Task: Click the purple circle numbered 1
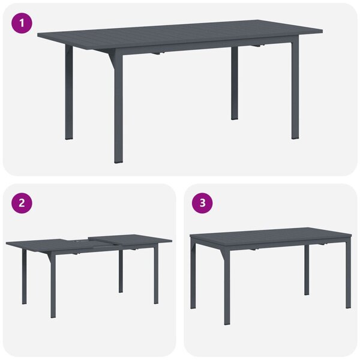22,23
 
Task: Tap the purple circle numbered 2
22,203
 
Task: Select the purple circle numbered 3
202,203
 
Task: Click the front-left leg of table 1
118,108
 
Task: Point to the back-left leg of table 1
69,92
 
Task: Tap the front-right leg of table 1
295,90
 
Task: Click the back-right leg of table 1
235,83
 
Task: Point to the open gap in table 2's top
77,242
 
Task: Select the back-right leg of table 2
121,272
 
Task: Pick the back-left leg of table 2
25,277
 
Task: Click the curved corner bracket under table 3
222,254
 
